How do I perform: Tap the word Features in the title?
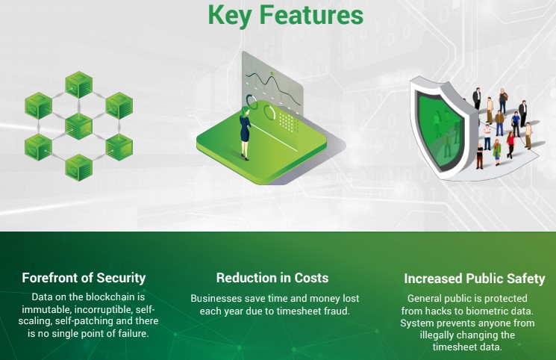tap(311, 14)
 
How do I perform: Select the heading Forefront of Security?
tap(84, 278)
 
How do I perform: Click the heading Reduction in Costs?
tap(272, 278)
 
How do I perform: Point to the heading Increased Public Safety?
tap(475, 279)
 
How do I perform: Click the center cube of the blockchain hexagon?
tap(78, 126)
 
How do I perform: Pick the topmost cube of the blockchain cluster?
tap(78, 84)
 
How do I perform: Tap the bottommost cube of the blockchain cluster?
tap(78, 167)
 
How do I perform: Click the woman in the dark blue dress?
tap(245, 133)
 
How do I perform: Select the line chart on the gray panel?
tap(273, 87)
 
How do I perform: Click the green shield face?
tap(440, 128)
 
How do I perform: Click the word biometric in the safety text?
tap(485, 311)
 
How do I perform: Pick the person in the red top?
tap(510, 145)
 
